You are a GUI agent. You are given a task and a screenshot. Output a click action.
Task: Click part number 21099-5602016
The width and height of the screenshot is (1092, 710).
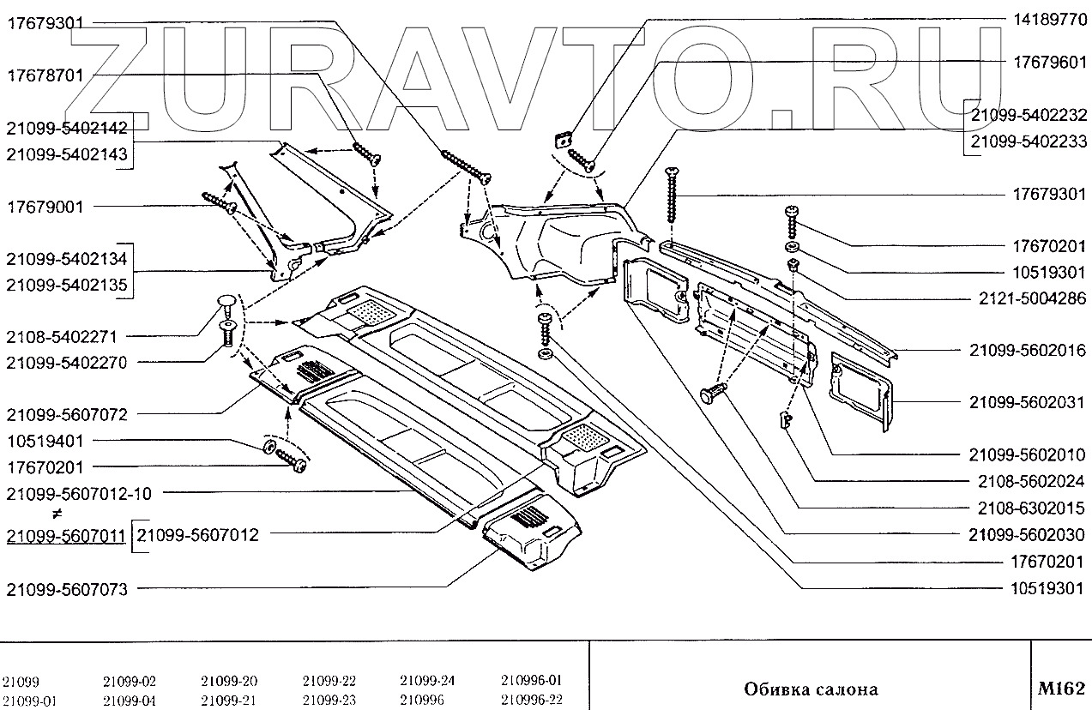point(1027,351)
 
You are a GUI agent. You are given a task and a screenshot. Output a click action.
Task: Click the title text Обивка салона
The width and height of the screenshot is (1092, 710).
point(811,689)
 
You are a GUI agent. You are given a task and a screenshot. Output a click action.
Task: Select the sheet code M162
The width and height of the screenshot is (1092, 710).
point(1061,688)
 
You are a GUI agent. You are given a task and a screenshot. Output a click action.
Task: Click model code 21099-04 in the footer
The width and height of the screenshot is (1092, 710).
point(129,699)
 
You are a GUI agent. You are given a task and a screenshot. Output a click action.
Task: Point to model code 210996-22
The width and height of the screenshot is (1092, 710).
point(531,699)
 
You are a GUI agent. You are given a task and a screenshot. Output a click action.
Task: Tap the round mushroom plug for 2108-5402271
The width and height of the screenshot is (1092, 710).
point(226,302)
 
